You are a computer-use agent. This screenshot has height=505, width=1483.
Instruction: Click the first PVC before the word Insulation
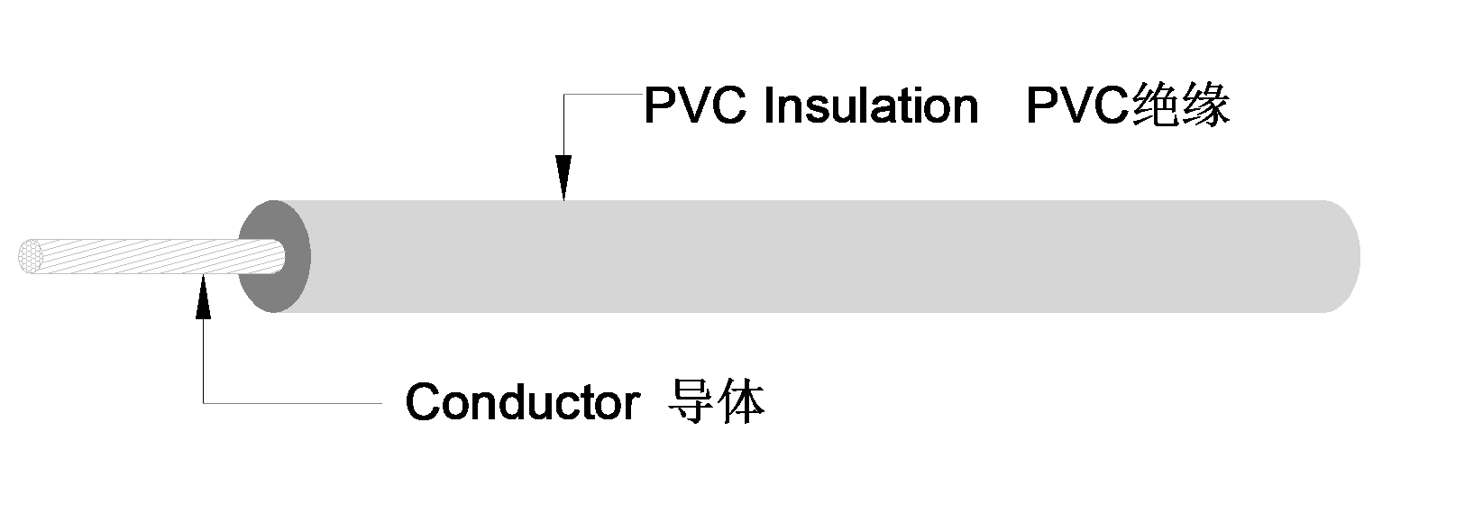tap(696, 106)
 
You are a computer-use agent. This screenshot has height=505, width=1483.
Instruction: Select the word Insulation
tap(870, 106)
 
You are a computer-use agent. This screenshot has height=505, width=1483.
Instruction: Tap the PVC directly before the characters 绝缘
tap(1077, 106)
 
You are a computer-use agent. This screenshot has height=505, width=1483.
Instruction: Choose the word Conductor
tap(522, 402)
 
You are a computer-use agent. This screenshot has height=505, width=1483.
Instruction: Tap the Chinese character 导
tap(691, 401)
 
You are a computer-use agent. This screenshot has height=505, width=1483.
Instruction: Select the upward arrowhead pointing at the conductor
tap(203, 296)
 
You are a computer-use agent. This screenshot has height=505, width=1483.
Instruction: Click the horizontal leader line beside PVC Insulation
tap(602, 95)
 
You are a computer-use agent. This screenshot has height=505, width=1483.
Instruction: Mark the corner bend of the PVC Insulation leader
tap(564, 95)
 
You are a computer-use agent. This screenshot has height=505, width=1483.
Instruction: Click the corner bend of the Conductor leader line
tap(204, 402)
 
